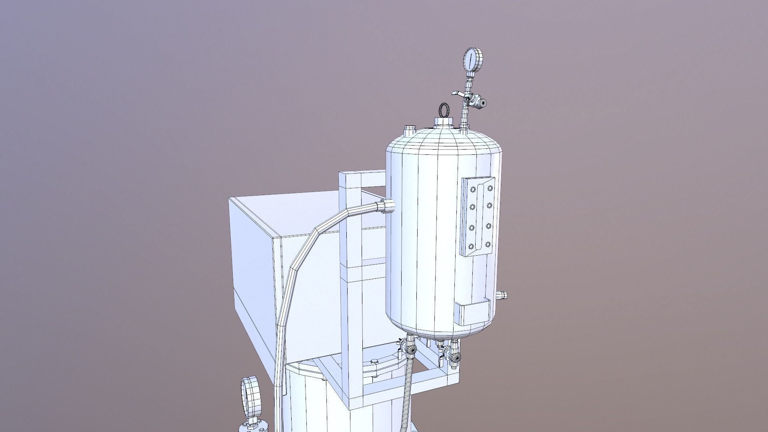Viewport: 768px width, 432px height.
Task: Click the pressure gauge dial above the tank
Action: [473, 59]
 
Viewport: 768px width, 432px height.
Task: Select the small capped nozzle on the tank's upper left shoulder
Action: [409, 130]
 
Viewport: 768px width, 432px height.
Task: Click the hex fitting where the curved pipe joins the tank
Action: [387, 206]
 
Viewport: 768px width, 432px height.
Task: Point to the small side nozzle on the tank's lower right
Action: [504, 296]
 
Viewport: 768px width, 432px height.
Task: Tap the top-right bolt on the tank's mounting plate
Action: [490, 188]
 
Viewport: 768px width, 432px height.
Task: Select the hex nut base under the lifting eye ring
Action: [444, 122]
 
